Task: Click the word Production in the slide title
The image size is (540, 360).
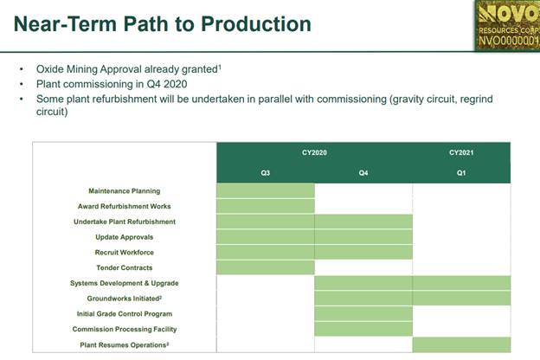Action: [256, 24]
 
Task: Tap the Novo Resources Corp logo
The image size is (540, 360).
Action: [507, 25]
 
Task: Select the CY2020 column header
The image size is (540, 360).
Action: [314, 152]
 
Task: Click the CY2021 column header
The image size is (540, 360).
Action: [461, 152]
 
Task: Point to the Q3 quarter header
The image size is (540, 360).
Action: [265, 173]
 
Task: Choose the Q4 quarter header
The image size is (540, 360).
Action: [363, 173]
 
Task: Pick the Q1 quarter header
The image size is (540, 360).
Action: [461, 173]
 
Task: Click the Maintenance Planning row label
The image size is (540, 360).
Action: [125, 191]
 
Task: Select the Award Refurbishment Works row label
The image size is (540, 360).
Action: [125, 206]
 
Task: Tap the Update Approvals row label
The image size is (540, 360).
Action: [125, 237]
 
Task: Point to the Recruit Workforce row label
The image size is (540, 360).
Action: [125, 252]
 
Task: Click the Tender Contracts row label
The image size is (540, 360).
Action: [125, 267]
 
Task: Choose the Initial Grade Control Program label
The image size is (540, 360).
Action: [125, 314]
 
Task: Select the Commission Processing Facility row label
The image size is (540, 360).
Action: [125, 329]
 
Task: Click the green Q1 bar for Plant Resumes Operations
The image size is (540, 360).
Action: [461, 344]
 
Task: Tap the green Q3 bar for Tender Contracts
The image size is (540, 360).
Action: [266, 267]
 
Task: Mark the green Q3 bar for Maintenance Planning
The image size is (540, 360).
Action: [266, 191]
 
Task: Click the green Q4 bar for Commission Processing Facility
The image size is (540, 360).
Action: [363, 329]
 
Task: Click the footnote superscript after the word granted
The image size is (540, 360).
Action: [220, 67]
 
